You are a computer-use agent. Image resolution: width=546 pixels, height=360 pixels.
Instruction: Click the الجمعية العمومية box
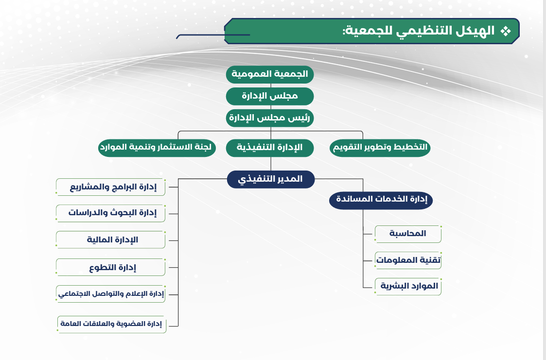(270, 74)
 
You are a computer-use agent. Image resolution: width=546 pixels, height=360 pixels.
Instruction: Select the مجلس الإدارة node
(270, 96)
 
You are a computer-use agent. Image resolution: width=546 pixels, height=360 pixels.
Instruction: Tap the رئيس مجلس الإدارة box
(270, 118)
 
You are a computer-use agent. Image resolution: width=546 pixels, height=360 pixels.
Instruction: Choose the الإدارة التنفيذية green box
(270, 148)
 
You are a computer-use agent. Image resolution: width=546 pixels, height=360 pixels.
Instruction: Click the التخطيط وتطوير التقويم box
(380, 148)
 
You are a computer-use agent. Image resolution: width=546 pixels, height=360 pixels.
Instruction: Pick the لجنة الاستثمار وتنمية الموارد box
(157, 148)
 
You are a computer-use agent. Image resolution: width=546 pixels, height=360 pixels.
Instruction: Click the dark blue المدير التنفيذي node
(270, 179)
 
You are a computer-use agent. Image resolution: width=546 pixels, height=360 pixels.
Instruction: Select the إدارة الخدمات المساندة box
(381, 200)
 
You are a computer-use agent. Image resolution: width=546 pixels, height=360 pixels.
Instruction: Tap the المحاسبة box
(408, 234)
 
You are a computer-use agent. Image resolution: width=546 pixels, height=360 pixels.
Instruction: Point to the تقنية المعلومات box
(408, 260)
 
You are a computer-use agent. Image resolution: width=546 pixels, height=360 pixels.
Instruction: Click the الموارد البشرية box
(408, 287)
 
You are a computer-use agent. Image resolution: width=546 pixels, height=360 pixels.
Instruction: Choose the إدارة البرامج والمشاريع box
(111, 188)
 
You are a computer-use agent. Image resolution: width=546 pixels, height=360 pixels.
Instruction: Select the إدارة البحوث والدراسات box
(111, 213)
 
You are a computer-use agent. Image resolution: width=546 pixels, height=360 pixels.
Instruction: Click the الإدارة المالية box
(111, 240)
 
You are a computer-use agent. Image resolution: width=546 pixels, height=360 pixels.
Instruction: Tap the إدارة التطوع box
(111, 268)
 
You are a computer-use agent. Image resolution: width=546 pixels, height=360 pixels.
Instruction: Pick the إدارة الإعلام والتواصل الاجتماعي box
(111, 294)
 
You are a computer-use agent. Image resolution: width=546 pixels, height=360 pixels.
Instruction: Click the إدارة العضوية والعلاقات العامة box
(112, 325)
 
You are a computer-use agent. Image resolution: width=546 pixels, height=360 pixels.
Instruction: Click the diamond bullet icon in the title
(506, 31)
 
